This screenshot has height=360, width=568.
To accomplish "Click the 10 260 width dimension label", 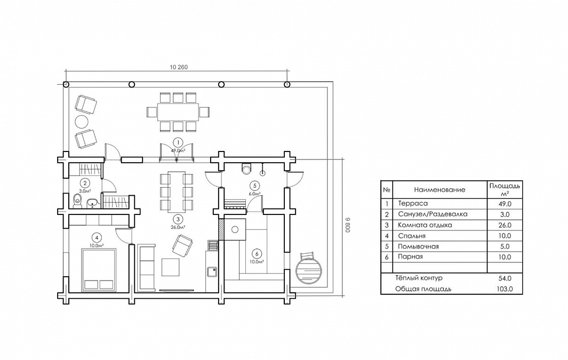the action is [x=179, y=67].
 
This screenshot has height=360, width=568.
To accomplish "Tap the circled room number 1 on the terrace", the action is [x=178, y=143].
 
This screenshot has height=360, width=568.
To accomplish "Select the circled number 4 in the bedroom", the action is [x=97, y=237].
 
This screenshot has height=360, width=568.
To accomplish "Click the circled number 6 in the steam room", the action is [x=257, y=253].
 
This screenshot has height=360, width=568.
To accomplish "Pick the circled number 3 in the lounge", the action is [x=178, y=219].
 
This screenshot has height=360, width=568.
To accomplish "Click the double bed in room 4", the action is [x=99, y=270].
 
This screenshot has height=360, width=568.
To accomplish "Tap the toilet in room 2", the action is [x=77, y=201].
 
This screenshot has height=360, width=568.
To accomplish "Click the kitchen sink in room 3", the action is [x=212, y=271].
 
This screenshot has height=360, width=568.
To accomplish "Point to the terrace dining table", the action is [x=178, y=112].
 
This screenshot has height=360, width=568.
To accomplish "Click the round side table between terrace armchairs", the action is [x=82, y=122].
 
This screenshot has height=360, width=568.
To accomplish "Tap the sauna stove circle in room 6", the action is [x=235, y=229].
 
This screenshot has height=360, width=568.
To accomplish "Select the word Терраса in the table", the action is [x=413, y=204].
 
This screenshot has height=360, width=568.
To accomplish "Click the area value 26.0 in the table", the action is [x=505, y=225].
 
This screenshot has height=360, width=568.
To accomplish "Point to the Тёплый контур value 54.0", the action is [x=505, y=278].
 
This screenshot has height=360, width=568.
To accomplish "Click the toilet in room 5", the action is [x=247, y=169].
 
